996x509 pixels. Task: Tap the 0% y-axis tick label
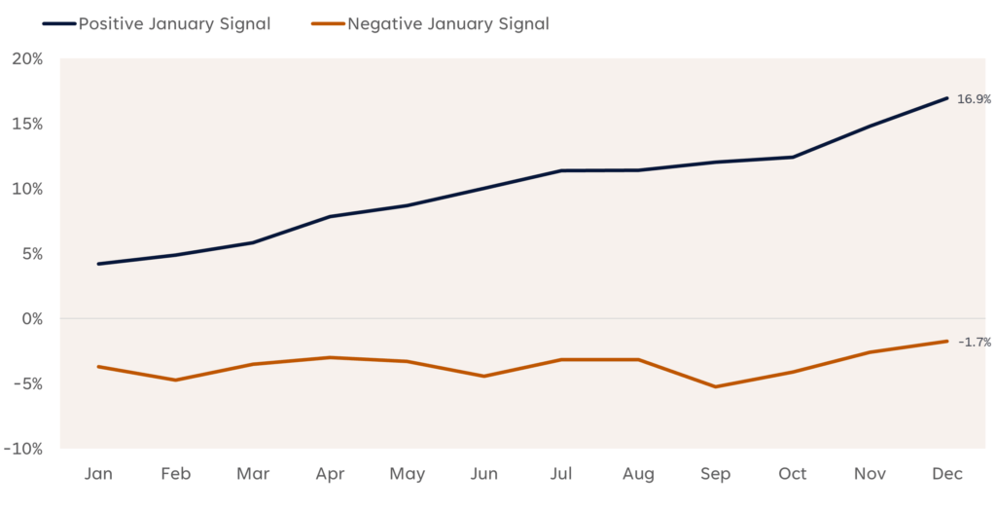pos(33,318)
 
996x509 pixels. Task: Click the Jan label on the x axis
pos(98,474)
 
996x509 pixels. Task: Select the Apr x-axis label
pos(330,474)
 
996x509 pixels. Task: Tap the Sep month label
pos(716,474)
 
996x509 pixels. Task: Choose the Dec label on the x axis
pos(946,474)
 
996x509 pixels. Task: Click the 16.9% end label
pos(973,98)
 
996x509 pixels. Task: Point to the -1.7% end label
pos(974,342)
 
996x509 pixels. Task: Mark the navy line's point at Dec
pos(946,97)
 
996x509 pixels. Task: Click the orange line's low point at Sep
pos(716,386)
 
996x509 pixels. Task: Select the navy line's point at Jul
pos(561,170)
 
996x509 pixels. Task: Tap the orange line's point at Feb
pos(175,380)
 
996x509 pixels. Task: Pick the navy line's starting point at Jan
pos(98,264)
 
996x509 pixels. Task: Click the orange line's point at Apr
pos(330,357)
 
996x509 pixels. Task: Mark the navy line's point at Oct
pos(793,157)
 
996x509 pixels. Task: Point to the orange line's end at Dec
pos(946,341)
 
